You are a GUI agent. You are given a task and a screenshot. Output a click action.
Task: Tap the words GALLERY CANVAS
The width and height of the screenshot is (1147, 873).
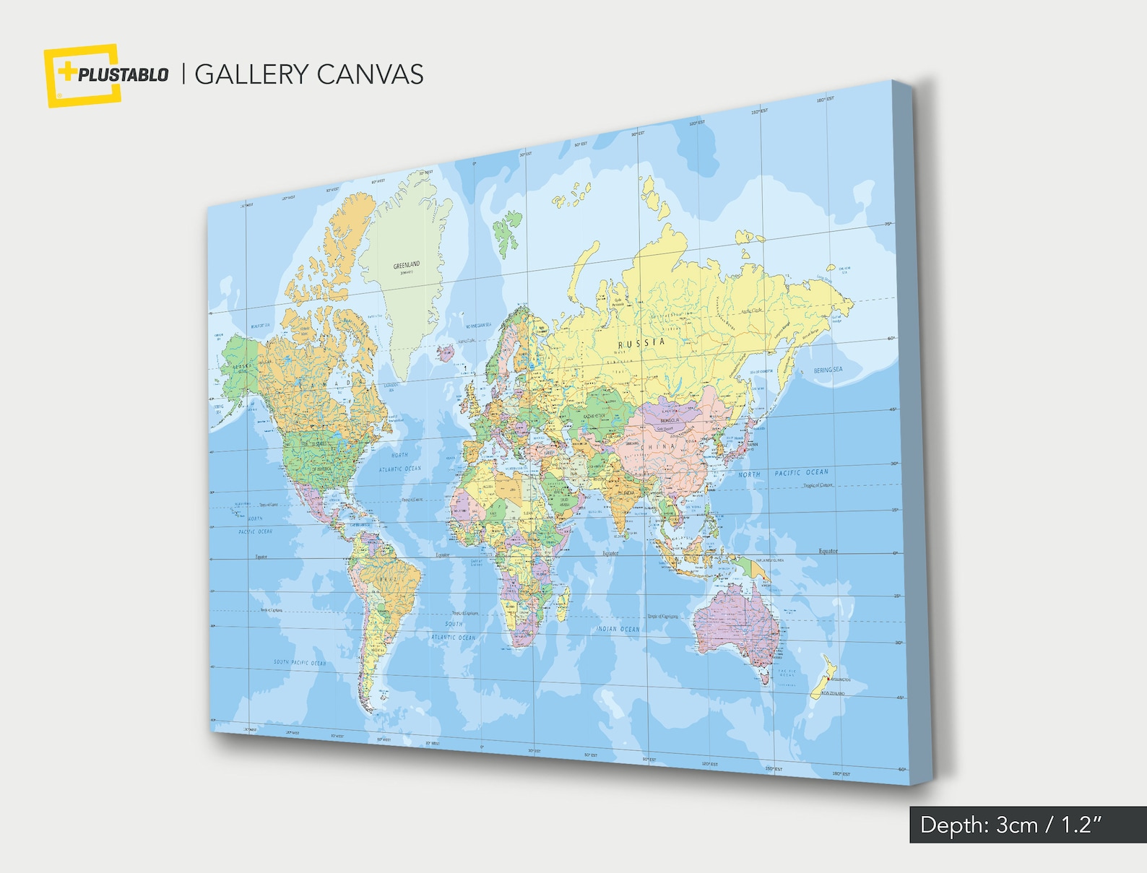pos(309,74)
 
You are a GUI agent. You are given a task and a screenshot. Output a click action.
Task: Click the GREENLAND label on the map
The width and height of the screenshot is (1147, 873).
pos(406,266)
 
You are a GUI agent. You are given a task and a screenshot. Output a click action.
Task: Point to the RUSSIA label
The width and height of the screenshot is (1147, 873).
pos(641,342)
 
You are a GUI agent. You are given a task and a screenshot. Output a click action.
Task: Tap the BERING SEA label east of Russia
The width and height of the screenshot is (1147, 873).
pos(828,370)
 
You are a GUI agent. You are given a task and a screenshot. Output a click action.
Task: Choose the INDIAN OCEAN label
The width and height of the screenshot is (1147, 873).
pos(618,629)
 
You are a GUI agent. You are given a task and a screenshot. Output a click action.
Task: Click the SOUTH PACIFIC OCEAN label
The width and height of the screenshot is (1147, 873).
pos(299,662)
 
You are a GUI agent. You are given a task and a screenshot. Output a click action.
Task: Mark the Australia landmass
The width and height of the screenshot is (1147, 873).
pos(737,625)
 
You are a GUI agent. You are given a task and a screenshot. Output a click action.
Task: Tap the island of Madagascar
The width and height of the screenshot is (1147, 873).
pos(561,604)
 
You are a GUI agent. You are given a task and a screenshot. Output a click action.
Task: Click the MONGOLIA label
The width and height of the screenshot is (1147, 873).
pos(670,420)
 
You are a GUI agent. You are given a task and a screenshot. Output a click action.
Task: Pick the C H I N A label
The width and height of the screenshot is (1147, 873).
pos(657,447)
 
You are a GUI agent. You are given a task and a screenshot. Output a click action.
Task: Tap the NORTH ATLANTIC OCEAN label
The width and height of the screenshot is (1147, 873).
pos(399,462)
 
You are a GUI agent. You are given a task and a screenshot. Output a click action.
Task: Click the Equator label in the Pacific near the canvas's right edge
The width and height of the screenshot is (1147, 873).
pos(828,551)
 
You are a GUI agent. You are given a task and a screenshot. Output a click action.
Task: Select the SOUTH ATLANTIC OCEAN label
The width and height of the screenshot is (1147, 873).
pos(454,630)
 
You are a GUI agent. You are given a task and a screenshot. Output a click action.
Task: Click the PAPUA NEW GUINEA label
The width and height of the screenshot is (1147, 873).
pos(769,560)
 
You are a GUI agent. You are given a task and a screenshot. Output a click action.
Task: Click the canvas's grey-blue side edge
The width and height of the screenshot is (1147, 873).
pos(917,433)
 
